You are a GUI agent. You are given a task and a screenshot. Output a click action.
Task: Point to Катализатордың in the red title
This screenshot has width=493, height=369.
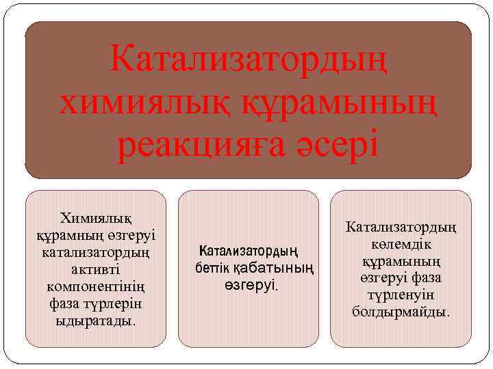(248, 64)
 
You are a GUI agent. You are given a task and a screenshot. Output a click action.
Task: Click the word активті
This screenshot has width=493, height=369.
(97, 269)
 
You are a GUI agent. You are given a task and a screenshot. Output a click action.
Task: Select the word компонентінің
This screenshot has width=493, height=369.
(96, 285)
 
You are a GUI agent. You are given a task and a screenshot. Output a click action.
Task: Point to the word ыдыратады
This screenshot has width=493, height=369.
(96, 319)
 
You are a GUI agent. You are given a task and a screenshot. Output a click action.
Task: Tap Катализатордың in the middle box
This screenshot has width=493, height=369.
(249, 250)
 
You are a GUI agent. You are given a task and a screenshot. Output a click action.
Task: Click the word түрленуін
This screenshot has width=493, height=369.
(401, 295)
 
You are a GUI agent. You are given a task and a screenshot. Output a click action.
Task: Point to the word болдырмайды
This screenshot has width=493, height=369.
(401, 312)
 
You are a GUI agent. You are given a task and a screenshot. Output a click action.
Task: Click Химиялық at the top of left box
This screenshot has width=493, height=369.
(96, 218)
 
